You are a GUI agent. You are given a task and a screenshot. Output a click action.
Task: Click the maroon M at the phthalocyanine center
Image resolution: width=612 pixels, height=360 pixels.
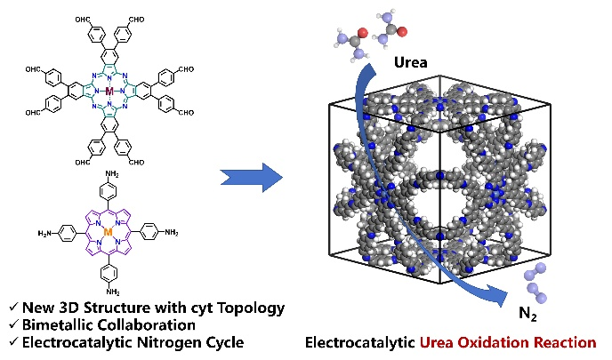click(109, 92)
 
